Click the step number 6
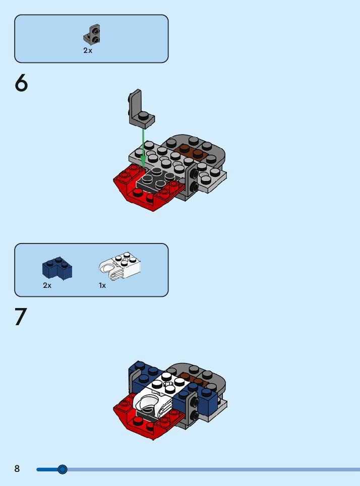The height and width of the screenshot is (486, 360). point(21,83)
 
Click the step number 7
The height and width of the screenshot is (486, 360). point(21,317)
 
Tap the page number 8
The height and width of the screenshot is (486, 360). point(17,469)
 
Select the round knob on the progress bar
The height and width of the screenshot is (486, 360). point(63,469)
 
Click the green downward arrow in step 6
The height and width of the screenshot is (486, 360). point(143,148)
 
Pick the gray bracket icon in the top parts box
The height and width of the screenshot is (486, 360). point(92,34)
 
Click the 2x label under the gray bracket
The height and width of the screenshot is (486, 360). point(88,50)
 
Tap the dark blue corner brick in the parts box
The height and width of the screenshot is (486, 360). point(57,268)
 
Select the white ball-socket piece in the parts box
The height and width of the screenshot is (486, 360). point(119,266)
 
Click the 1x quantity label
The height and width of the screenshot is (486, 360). point(102,285)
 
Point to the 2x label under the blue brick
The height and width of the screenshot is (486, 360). point(47,285)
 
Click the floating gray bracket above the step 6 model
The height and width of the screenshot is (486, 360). point(139,110)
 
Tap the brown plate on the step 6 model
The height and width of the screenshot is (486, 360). point(190,152)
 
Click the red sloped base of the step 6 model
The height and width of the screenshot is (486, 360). point(146,189)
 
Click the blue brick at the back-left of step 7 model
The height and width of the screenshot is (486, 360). point(144,377)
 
